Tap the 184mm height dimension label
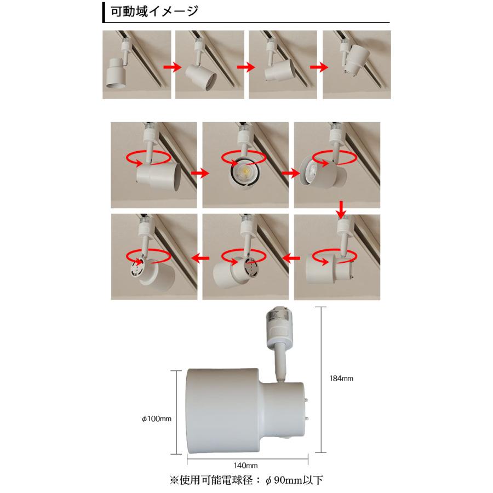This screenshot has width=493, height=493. pos(341,379)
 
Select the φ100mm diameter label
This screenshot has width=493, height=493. pos(157,419)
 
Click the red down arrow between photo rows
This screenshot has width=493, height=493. pos(341,208)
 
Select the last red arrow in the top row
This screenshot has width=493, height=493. pos(319,66)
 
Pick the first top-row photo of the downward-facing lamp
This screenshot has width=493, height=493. pos(137,65)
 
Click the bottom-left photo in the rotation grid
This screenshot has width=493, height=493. pos(153,256)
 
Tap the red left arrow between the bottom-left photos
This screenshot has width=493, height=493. pos(199,256)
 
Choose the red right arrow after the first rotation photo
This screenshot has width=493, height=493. pos(200,173)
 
